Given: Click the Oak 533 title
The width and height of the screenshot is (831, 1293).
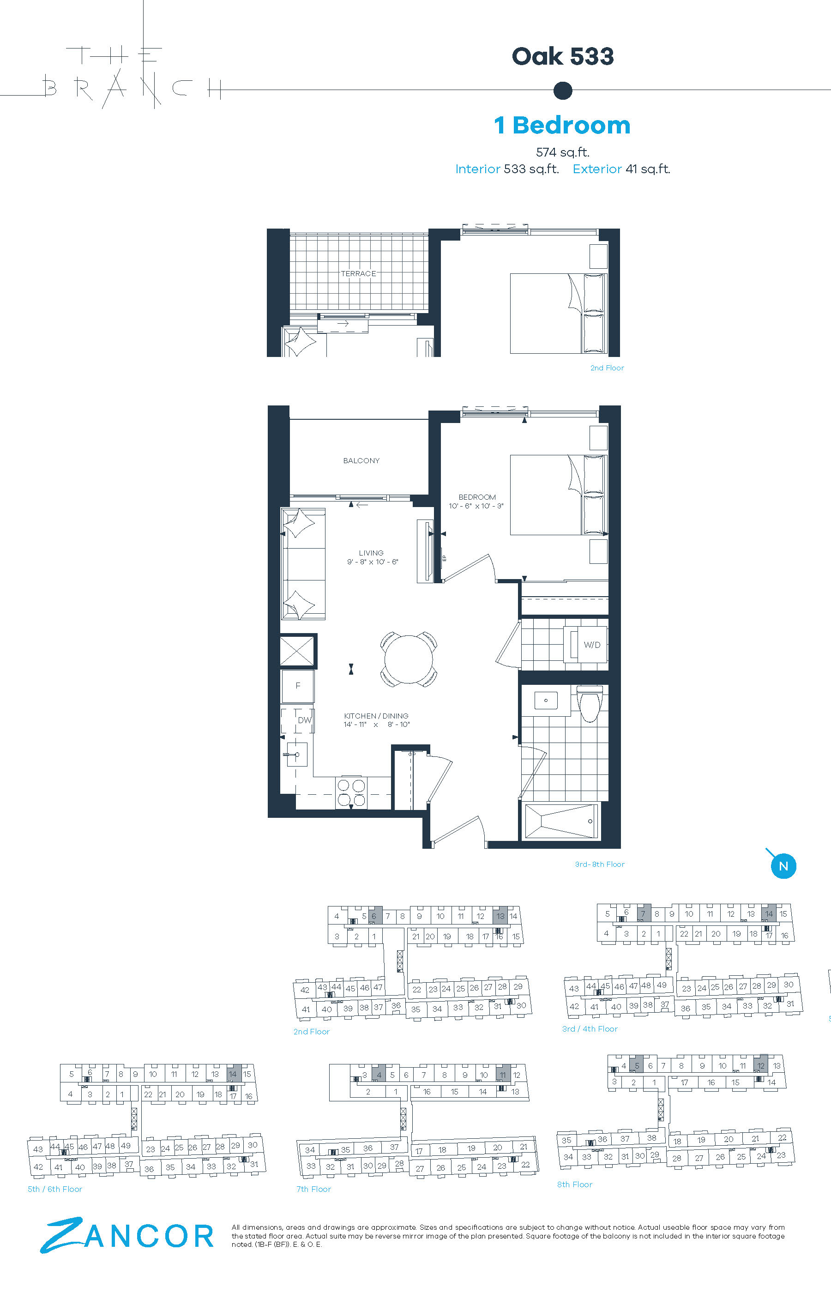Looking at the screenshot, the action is tap(563, 56).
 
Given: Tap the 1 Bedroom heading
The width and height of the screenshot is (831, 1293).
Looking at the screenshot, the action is tap(562, 125).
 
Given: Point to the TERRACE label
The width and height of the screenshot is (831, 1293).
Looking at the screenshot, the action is tap(358, 273).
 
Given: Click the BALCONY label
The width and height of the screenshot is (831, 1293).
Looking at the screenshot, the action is tap(361, 460).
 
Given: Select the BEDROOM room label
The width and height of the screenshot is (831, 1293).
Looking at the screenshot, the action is tap(477, 497).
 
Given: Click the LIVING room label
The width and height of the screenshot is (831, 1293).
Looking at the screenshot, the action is tap(371, 553).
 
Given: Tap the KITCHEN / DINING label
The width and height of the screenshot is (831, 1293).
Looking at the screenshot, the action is tap(376, 716).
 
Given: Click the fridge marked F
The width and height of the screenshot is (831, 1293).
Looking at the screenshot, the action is tap(297, 686).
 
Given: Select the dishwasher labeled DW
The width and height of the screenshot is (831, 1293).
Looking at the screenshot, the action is tap(297, 719).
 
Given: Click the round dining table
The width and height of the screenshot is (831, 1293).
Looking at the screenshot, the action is tap(409, 659).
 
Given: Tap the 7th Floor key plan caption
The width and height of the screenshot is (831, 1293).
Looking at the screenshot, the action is tap(313, 1189).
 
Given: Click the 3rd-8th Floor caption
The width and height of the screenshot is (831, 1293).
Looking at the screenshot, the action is tap(600, 864).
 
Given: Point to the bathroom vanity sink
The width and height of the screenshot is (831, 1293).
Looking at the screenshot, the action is tap(546, 701).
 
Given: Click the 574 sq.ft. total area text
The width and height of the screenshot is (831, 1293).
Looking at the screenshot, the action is tap(563, 152).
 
